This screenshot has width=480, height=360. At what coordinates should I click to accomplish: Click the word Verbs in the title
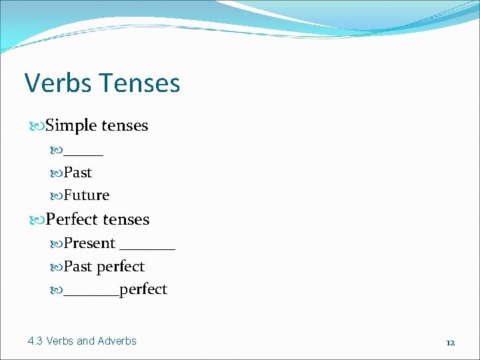pyautogui.click(x=57, y=83)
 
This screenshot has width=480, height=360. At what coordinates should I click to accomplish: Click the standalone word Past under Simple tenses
pyautogui.click(x=78, y=173)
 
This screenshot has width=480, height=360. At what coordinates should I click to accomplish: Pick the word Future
pyautogui.click(x=87, y=195)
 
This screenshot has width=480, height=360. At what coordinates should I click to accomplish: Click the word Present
pyautogui.click(x=90, y=243)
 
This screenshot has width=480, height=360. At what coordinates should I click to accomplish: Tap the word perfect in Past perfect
pyautogui.click(x=120, y=267)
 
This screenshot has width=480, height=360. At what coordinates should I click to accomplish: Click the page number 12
pyautogui.click(x=450, y=343)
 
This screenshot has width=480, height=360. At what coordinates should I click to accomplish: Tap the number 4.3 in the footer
pyautogui.click(x=35, y=341)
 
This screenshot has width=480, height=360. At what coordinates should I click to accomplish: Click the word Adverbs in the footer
pyautogui.click(x=117, y=341)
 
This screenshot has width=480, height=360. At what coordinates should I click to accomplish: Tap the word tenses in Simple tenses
pyautogui.click(x=125, y=125)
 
